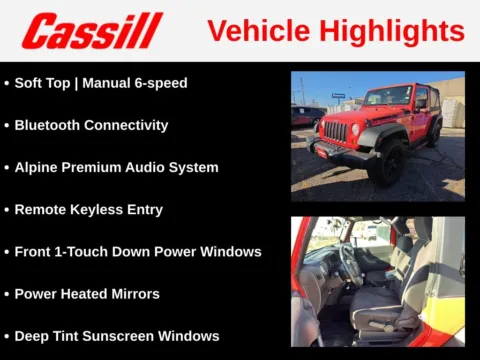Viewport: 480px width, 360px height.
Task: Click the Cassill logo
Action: coord(92,31)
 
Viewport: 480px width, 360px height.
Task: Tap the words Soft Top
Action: coord(46,83)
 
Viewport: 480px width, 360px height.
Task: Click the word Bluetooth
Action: coord(51,126)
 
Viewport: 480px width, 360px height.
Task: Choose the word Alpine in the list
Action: coord(38,168)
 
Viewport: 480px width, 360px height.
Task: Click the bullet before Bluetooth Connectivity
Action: coord(7,126)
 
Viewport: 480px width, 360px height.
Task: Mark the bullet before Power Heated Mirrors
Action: coord(7,294)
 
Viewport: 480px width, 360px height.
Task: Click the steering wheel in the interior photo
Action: coord(350,265)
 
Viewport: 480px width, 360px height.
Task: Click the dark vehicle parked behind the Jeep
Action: coord(306,115)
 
